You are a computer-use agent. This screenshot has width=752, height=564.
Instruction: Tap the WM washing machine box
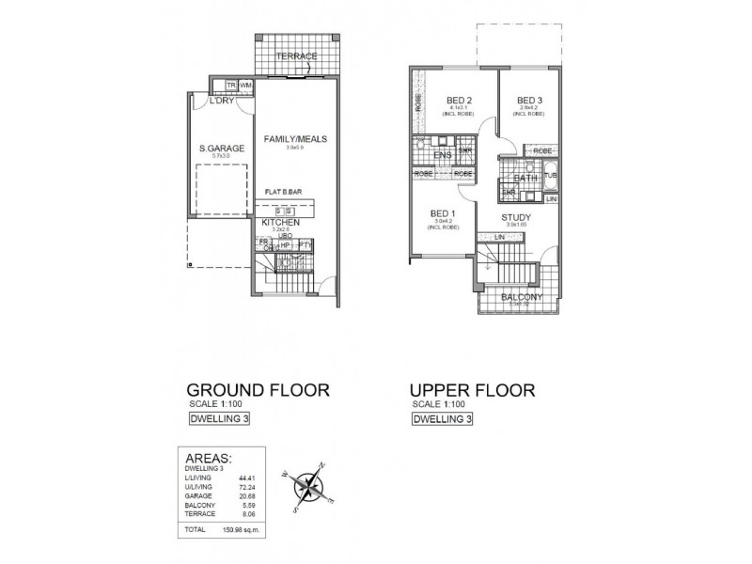pyautogui.click(x=246, y=86)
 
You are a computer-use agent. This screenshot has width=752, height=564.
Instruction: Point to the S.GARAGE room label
pyautogui.click(x=221, y=149)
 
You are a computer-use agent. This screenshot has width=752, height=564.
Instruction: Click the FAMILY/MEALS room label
pyautogui.click(x=295, y=139)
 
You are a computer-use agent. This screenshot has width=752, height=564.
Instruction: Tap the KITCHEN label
pyautogui.click(x=281, y=223)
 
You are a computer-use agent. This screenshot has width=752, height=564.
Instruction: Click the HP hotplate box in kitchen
pyautogui.click(x=285, y=245)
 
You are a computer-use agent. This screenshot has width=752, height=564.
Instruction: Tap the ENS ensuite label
pyautogui.click(x=443, y=154)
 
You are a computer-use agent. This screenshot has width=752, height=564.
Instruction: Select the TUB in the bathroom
pyautogui.click(x=551, y=176)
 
